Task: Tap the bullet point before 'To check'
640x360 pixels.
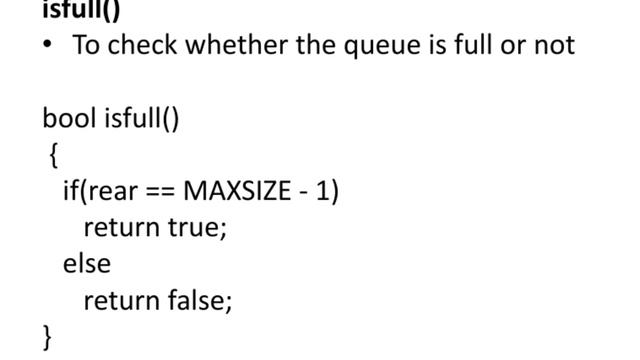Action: (x=47, y=46)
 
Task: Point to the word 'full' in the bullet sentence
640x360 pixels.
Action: (x=467, y=46)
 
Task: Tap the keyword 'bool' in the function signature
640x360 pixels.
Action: (x=68, y=119)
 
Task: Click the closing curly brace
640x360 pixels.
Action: (x=47, y=335)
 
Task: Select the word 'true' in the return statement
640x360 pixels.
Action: (x=197, y=227)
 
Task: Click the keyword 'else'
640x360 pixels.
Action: (x=86, y=263)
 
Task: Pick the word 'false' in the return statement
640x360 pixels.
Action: (x=199, y=299)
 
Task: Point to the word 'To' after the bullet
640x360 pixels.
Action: (x=85, y=46)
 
